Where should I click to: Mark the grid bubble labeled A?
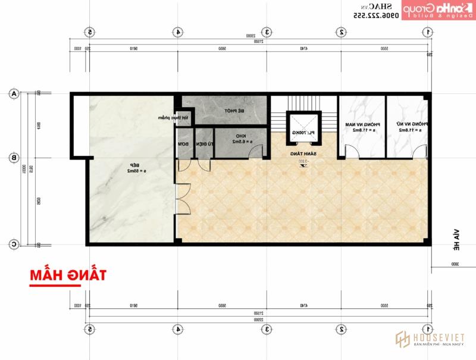coord(13,93)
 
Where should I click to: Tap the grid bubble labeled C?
coord(13,244)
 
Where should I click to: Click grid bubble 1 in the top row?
coord(429,32)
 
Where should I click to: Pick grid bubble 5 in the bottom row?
coord(90,328)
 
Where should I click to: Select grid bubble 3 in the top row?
coord(268,32)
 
